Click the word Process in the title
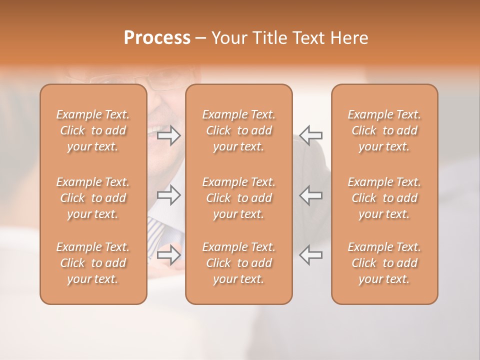click(157, 38)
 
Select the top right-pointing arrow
click(169, 135)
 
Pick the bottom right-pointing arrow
click(169, 255)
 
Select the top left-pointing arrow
click(310, 135)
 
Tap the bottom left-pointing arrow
click(310, 255)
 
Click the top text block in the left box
click(93, 130)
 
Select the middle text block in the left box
click(93, 198)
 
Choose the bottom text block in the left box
click(93, 263)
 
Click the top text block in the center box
click(239, 130)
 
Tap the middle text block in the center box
click(239, 198)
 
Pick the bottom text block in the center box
click(239, 263)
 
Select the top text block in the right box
click(384, 130)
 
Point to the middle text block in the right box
click(384, 198)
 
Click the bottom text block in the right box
click(384, 263)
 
